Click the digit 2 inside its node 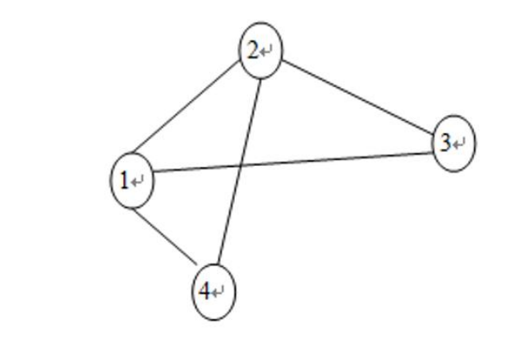253,51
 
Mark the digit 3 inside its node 445,144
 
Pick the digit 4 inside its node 206,291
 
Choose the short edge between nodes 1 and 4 165,237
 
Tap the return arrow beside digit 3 459,145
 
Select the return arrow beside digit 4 219,293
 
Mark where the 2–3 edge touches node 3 433,134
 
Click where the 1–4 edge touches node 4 198,267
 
